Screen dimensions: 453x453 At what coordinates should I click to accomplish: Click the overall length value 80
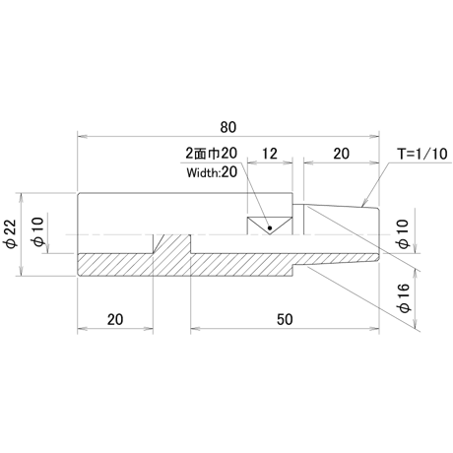228,127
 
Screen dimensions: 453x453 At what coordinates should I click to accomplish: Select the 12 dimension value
270,154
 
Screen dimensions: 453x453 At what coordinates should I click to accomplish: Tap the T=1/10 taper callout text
422,154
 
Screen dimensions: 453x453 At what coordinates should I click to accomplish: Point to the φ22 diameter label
11,234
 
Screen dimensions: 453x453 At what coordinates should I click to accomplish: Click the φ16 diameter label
404,297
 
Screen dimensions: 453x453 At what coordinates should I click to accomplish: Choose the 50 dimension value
285,319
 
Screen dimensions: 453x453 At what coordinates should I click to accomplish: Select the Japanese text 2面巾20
211,154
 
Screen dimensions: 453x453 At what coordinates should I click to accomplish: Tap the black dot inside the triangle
270,227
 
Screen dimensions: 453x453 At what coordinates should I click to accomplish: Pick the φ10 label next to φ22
37,232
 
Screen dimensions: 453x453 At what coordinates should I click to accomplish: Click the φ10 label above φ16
404,233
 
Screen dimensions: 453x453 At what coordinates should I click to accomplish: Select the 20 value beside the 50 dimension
115,319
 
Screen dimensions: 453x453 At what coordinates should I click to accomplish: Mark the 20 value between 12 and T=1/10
342,154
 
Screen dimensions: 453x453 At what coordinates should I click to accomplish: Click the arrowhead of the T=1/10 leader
362,204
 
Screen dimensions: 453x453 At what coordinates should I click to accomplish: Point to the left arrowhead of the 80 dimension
82,136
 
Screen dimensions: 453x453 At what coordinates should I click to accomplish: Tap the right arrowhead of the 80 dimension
374,136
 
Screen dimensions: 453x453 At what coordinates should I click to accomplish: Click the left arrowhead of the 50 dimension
195,328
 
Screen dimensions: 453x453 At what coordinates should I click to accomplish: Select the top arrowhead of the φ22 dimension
22,198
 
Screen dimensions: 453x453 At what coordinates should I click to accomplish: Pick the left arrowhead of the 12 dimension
252,162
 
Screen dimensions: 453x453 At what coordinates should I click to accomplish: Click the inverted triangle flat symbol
270,226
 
